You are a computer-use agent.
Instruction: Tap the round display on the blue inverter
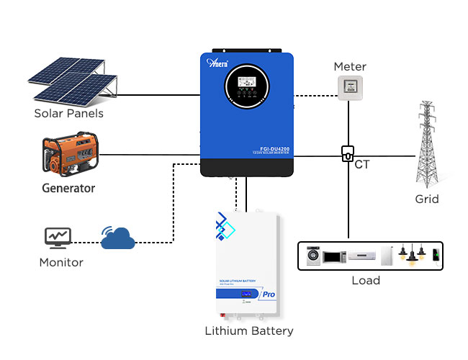(248, 86)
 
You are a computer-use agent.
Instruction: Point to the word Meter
(350, 67)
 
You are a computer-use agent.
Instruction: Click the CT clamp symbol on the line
(348, 153)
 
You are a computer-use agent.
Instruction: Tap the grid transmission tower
(428, 144)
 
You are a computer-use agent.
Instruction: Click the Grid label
(427, 199)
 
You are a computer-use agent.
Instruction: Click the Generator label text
(68, 189)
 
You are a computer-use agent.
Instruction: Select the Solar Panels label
(68, 114)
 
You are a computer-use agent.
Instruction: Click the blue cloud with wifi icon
(118, 238)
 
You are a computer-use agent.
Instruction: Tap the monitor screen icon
(58, 236)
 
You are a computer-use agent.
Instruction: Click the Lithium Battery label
(249, 331)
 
